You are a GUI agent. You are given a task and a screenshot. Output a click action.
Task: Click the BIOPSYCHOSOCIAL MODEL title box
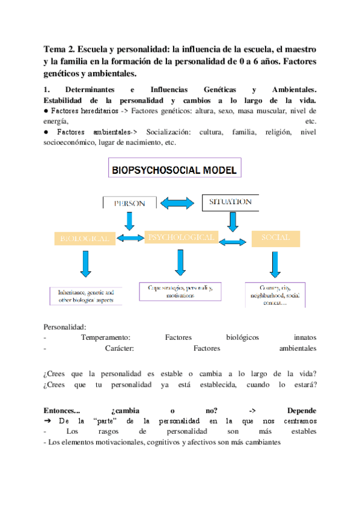click(x=174, y=170)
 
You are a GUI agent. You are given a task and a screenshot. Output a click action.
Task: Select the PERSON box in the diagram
click(x=130, y=203)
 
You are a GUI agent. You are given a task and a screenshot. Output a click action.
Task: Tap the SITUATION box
click(x=230, y=202)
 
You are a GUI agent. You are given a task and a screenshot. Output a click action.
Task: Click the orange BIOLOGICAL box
click(x=84, y=238)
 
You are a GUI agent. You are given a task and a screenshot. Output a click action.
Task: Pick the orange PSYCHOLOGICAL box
click(x=181, y=238)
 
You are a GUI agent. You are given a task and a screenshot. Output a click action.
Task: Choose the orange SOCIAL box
click(x=275, y=238)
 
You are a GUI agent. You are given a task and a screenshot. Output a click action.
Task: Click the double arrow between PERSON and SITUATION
click(x=178, y=203)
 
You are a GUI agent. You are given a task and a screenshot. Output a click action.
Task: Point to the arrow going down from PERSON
click(x=130, y=221)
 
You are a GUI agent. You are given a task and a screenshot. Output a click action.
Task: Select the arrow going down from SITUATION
click(x=233, y=221)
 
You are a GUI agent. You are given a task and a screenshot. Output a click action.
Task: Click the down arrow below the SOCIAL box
click(x=275, y=264)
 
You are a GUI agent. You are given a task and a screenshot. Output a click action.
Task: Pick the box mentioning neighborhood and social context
click(x=275, y=295)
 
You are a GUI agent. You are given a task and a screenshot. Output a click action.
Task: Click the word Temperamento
click(x=105, y=337)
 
